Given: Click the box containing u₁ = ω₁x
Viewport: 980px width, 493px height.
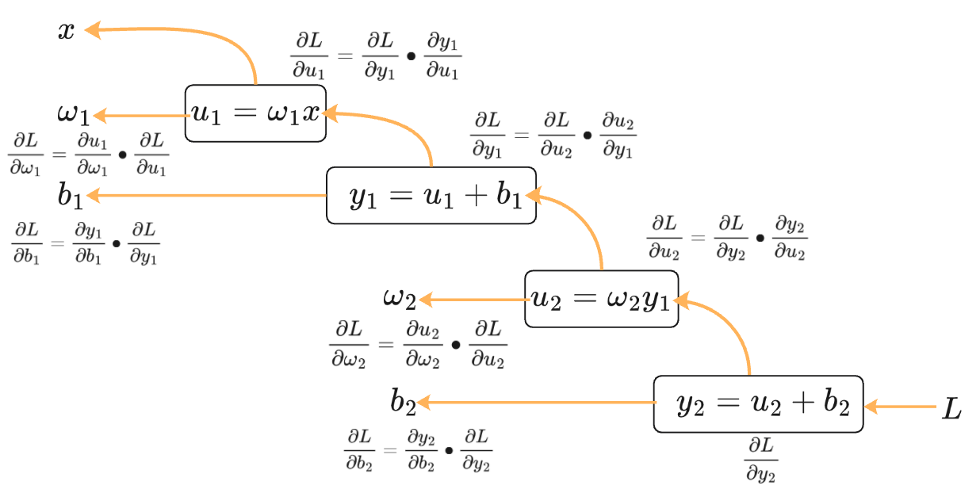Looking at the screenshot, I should pyautogui.click(x=255, y=113).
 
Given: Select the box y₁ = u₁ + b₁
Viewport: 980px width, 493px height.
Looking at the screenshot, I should pyautogui.click(x=431, y=196).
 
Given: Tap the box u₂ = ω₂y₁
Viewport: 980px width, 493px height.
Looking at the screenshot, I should pyautogui.click(x=602, y=299).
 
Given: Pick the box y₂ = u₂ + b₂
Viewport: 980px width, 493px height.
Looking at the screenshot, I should pyautogui.click(x=758, y=405).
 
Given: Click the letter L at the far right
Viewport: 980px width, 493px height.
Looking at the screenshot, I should pyautogui.click(x=951, y=409).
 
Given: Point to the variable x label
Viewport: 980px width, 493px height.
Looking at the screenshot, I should pyautogui.click(x=67, y=31).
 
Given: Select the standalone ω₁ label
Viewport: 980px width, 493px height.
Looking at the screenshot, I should pyautogui.click(x=73, y=114).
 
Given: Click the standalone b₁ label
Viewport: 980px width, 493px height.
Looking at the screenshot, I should pyautogui.click(x=70, y=196).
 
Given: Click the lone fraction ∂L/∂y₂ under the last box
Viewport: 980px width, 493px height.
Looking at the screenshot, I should pyautogui.click(x=761, y=460).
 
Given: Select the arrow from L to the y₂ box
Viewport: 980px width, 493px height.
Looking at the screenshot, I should pyautogui.click(x=901, y=407).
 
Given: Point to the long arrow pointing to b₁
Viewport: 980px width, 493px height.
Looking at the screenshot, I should pyautogui.click(x=206, y=195).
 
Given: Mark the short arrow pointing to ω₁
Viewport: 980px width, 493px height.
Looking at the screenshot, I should pyautogui.click(x=140, y=116).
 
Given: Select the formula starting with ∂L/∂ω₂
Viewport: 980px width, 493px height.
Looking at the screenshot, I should pyautogui.click(x=418, y=345).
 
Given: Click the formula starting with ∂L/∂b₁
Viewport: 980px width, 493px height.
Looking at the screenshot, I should pyautogui.click(x=86, y=243).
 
